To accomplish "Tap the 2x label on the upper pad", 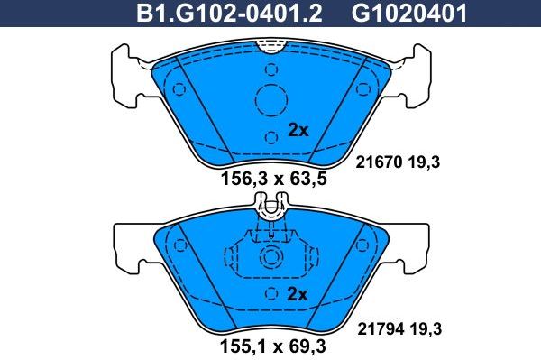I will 298,130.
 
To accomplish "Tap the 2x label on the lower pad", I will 298,295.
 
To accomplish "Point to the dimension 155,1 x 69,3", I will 273,346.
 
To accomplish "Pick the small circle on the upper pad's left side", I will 179,88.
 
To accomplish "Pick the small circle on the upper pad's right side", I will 362,88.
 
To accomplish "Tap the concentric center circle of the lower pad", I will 270,258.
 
